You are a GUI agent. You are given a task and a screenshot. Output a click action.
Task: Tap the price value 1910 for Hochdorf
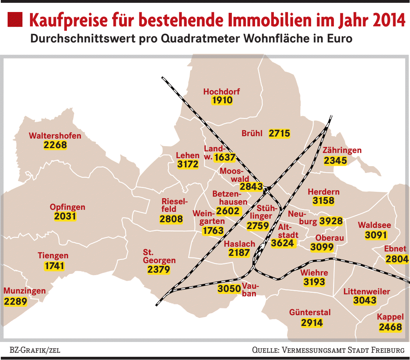coord(222,100)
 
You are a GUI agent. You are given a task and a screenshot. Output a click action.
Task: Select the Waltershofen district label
coord(55,136)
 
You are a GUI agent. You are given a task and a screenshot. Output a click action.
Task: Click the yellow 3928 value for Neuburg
coord(331,221)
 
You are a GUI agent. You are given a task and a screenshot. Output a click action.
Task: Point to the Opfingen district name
coord(67,207)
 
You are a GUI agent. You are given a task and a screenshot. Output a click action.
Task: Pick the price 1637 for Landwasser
coord(225,157)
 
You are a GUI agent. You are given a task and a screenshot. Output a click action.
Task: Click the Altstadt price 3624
coord(282,243)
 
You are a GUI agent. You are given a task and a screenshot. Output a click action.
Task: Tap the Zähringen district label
coord(342,151)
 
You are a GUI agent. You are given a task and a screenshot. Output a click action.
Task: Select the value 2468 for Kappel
coord(390,327)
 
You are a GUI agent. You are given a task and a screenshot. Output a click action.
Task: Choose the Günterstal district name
coord(310,312)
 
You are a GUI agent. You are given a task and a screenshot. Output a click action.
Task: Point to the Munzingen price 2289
coord(16,301)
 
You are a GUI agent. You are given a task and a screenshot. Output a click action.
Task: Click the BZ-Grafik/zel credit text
coord(35,350)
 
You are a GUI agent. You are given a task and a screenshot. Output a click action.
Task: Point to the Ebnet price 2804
coord(397,259)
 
